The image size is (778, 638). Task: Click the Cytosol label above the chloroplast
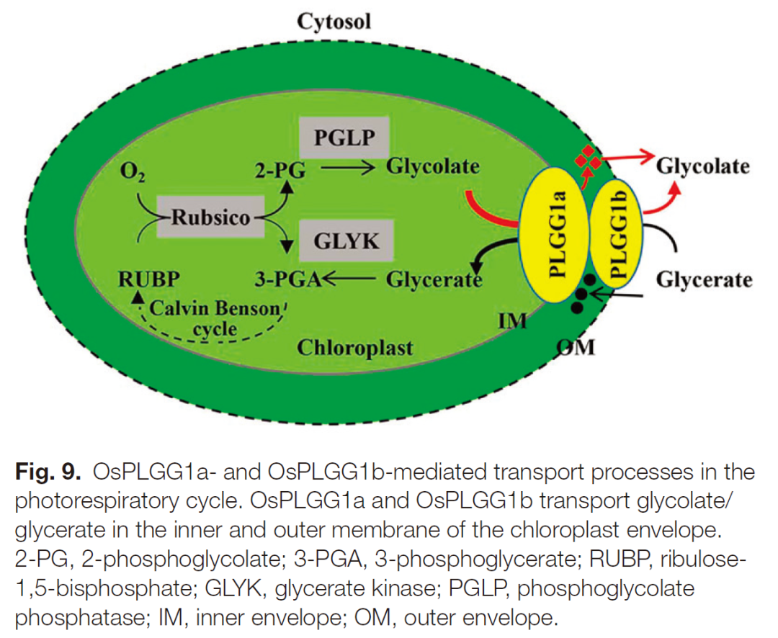[x=334, y=21]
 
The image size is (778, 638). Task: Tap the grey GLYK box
[x=346, y=240]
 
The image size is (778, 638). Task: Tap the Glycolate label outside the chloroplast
[x=703, y=166]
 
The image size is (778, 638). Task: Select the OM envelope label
[x=576, y=347]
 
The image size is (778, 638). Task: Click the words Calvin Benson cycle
[x=217, y=319]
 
